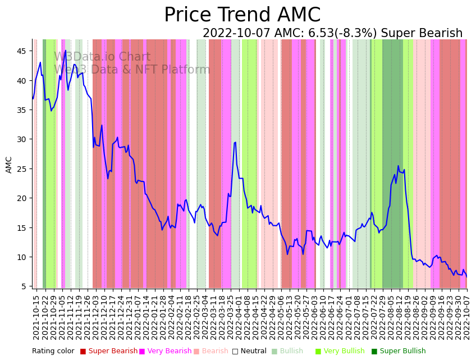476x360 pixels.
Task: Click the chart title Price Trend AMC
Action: [242, 15]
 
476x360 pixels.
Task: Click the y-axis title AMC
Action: [9, 165]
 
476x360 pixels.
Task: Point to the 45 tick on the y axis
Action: [21, 51]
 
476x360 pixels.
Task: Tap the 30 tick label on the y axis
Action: [21, 139]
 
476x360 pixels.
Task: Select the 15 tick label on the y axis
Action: [21, 227]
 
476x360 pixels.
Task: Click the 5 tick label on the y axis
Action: [24, 286]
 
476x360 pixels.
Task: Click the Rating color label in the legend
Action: [53, 352]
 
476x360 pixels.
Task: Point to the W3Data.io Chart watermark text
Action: [102, 57]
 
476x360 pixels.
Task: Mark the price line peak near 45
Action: [66, 51]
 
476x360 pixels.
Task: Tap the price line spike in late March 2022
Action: [235, 142]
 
